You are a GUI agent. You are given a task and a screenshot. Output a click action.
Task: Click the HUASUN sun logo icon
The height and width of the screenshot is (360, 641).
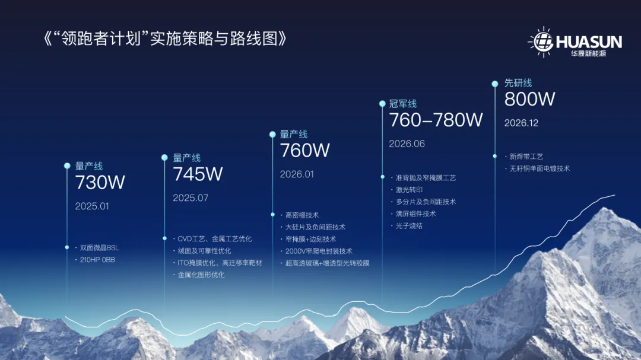(542, 42)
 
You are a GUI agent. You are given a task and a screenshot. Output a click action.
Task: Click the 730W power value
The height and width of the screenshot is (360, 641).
(100, 182)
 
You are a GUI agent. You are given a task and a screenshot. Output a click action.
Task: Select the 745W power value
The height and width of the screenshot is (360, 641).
(198, 174)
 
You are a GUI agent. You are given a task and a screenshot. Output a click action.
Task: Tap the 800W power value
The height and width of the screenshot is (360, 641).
(530, 99)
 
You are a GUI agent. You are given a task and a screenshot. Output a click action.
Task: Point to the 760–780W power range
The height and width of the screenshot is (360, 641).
(436, 120)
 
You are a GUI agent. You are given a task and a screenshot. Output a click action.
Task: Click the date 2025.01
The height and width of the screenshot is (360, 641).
(92, 206)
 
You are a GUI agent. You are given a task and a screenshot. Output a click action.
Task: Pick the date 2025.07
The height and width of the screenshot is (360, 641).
(191, 198)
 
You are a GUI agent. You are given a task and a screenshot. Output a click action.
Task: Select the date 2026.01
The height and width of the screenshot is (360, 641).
(297, 174)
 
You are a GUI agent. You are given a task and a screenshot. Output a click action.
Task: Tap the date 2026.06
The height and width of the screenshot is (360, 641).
(407, 144)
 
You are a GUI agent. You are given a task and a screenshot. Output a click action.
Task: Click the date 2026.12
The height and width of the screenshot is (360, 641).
(521, 123)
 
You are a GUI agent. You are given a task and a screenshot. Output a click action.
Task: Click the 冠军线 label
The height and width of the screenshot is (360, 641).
(402, 104)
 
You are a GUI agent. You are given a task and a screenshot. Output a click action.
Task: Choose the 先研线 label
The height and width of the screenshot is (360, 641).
(518, 83)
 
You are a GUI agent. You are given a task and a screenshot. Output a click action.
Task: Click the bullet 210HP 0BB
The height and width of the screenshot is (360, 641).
(97, 260)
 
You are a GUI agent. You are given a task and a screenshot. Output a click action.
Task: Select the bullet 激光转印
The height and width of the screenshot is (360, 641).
(409, 190)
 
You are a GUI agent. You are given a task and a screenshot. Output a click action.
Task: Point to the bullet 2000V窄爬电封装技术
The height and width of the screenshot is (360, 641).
(319, 251)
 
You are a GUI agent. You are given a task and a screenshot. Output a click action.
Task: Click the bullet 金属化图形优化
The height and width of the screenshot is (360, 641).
(201, 275)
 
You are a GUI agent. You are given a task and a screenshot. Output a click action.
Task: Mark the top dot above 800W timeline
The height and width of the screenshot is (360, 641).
(494, 84)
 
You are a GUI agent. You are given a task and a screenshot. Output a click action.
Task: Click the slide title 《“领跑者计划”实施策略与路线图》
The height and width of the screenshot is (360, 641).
(165, 39)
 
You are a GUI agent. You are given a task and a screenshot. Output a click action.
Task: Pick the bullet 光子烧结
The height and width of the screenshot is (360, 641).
(409, 225)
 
